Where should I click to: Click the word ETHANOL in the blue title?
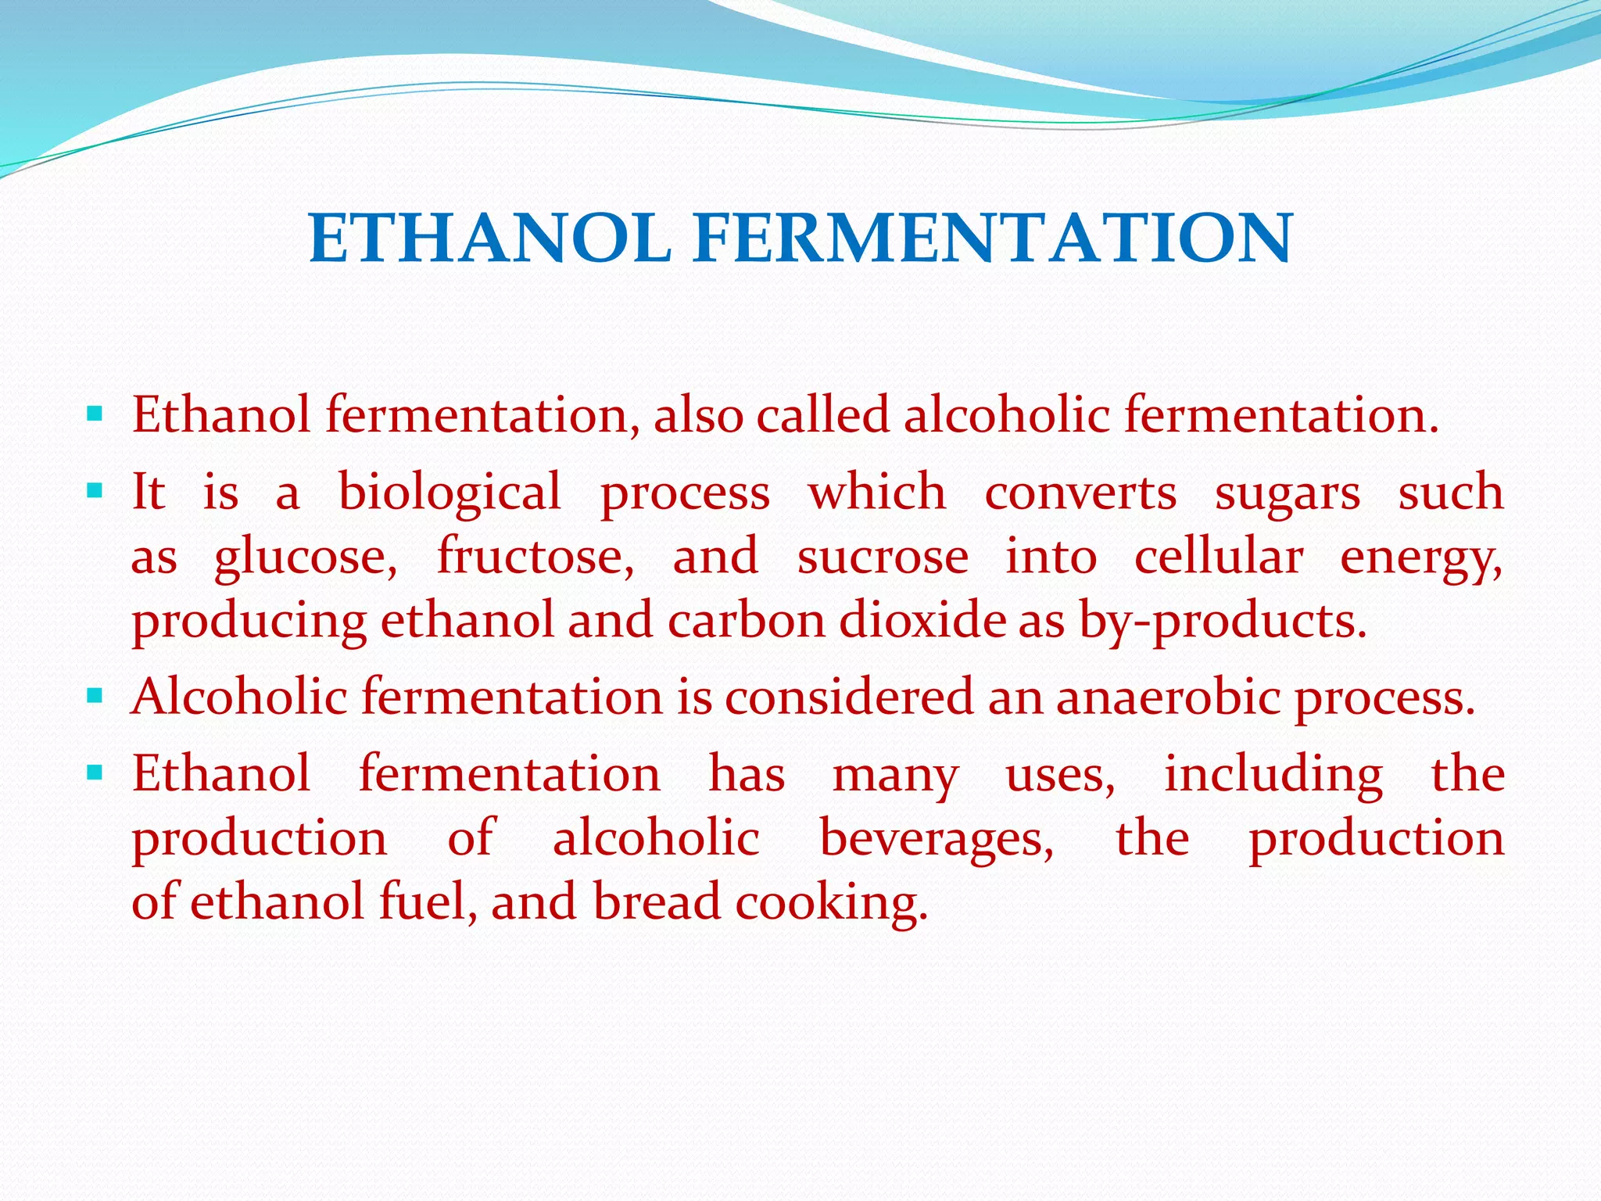490,238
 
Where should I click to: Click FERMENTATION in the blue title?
993,238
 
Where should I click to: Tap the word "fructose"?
535,557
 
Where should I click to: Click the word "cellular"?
1219,557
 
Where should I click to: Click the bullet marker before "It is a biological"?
95,491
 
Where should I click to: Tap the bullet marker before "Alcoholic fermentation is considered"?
95,694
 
